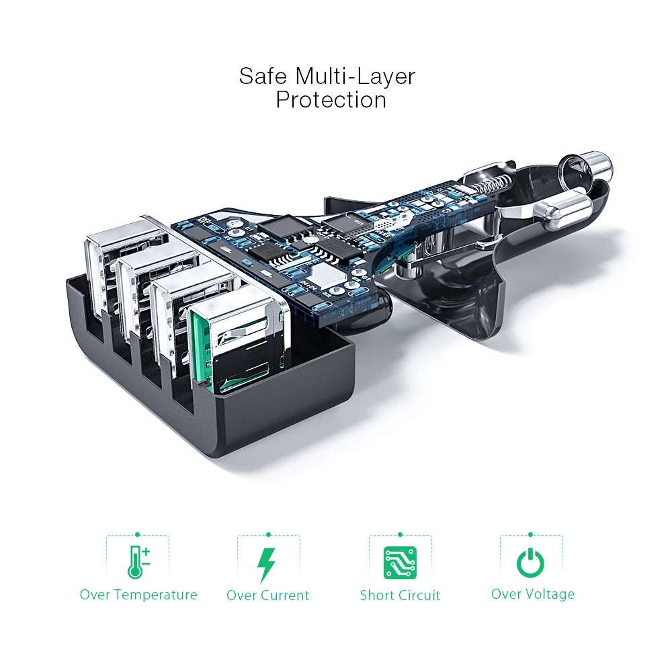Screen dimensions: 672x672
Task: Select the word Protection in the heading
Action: [x=331, y=100]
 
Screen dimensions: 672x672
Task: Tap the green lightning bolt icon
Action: [x=267, y=564]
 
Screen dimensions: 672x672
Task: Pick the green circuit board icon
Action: [x=400, y=563]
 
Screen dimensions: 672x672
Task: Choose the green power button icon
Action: [x=530, y=562]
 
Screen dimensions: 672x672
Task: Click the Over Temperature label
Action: [x=138, y=595]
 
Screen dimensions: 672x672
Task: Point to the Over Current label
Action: [x=267, y=595]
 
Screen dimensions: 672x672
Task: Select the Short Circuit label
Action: [x=400, y=595]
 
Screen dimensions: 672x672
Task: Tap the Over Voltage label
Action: [x=532, y=594]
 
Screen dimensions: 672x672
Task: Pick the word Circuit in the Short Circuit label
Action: [x=419, y=595]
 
